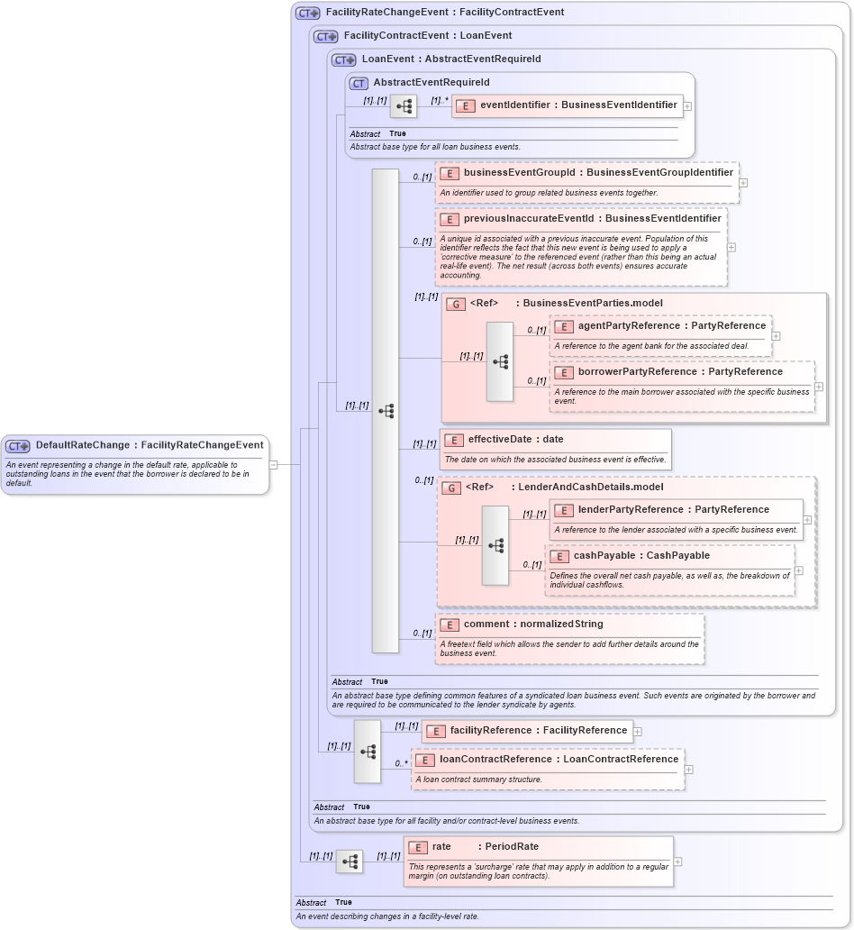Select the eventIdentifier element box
[568, 105]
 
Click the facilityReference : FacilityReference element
[527, 731]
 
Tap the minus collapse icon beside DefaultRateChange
[273, 465]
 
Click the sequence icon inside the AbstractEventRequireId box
[404, 106]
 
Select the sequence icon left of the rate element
[350, 862]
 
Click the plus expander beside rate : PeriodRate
[677, 862]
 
